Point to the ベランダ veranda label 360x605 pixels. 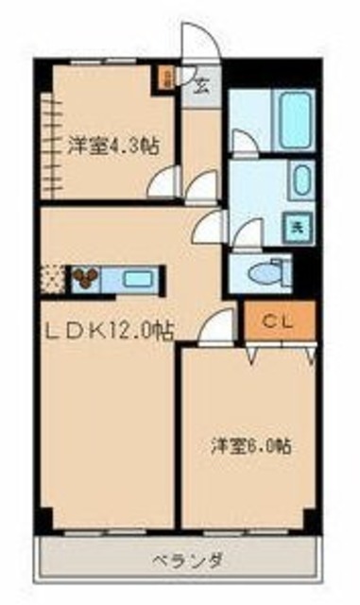pos(179,559)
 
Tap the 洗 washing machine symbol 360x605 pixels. pos(297,226)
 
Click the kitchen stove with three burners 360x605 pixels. pos(85,278)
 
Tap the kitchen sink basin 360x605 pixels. pos(138,279)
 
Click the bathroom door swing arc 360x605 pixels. pos(242,144)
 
